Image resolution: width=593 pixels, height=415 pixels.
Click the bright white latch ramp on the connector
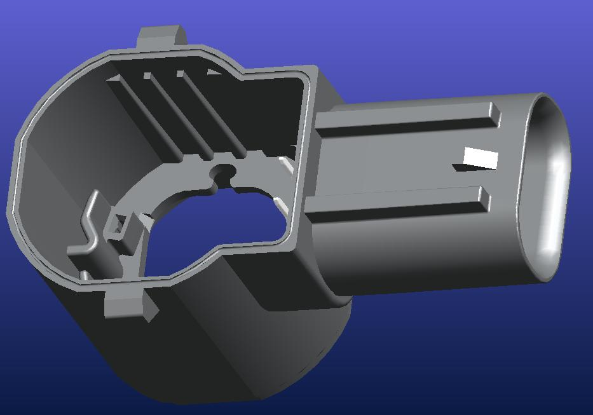(x=481, y=157)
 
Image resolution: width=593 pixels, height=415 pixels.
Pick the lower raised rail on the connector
(x=394, y=205)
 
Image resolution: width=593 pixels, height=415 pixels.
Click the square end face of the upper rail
(x=494, y=114)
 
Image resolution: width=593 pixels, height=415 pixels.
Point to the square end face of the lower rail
(x=484, y=199)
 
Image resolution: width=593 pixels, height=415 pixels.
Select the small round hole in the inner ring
(x=223, y=172)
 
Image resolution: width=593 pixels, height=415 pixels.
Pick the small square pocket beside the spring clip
(x=117, y=224)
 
